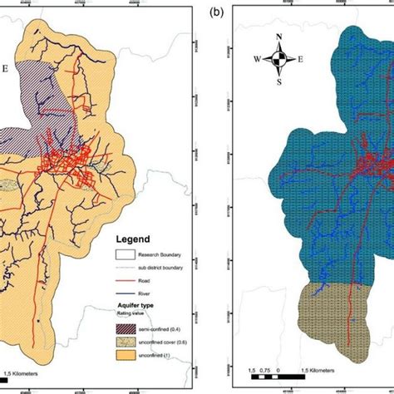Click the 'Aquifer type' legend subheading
click(x=135, y=307)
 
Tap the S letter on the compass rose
click(x=281, y=81)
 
